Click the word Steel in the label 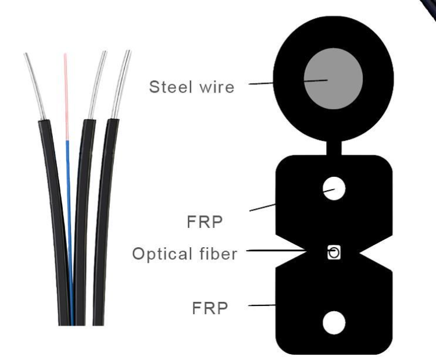point(170,87)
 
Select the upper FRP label point(205,222)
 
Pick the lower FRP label point(210,308)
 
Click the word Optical point(162,254)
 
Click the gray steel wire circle point(333,79)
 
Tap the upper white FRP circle point(334,188)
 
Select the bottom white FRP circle point(334,323)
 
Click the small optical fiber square point(334,252)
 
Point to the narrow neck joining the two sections point(334,148)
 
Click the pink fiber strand point(66,97)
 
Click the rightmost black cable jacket point(103,222)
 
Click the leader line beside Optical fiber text point(277,251)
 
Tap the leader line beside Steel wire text point(261,83)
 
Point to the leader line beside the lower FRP point(262,305)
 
